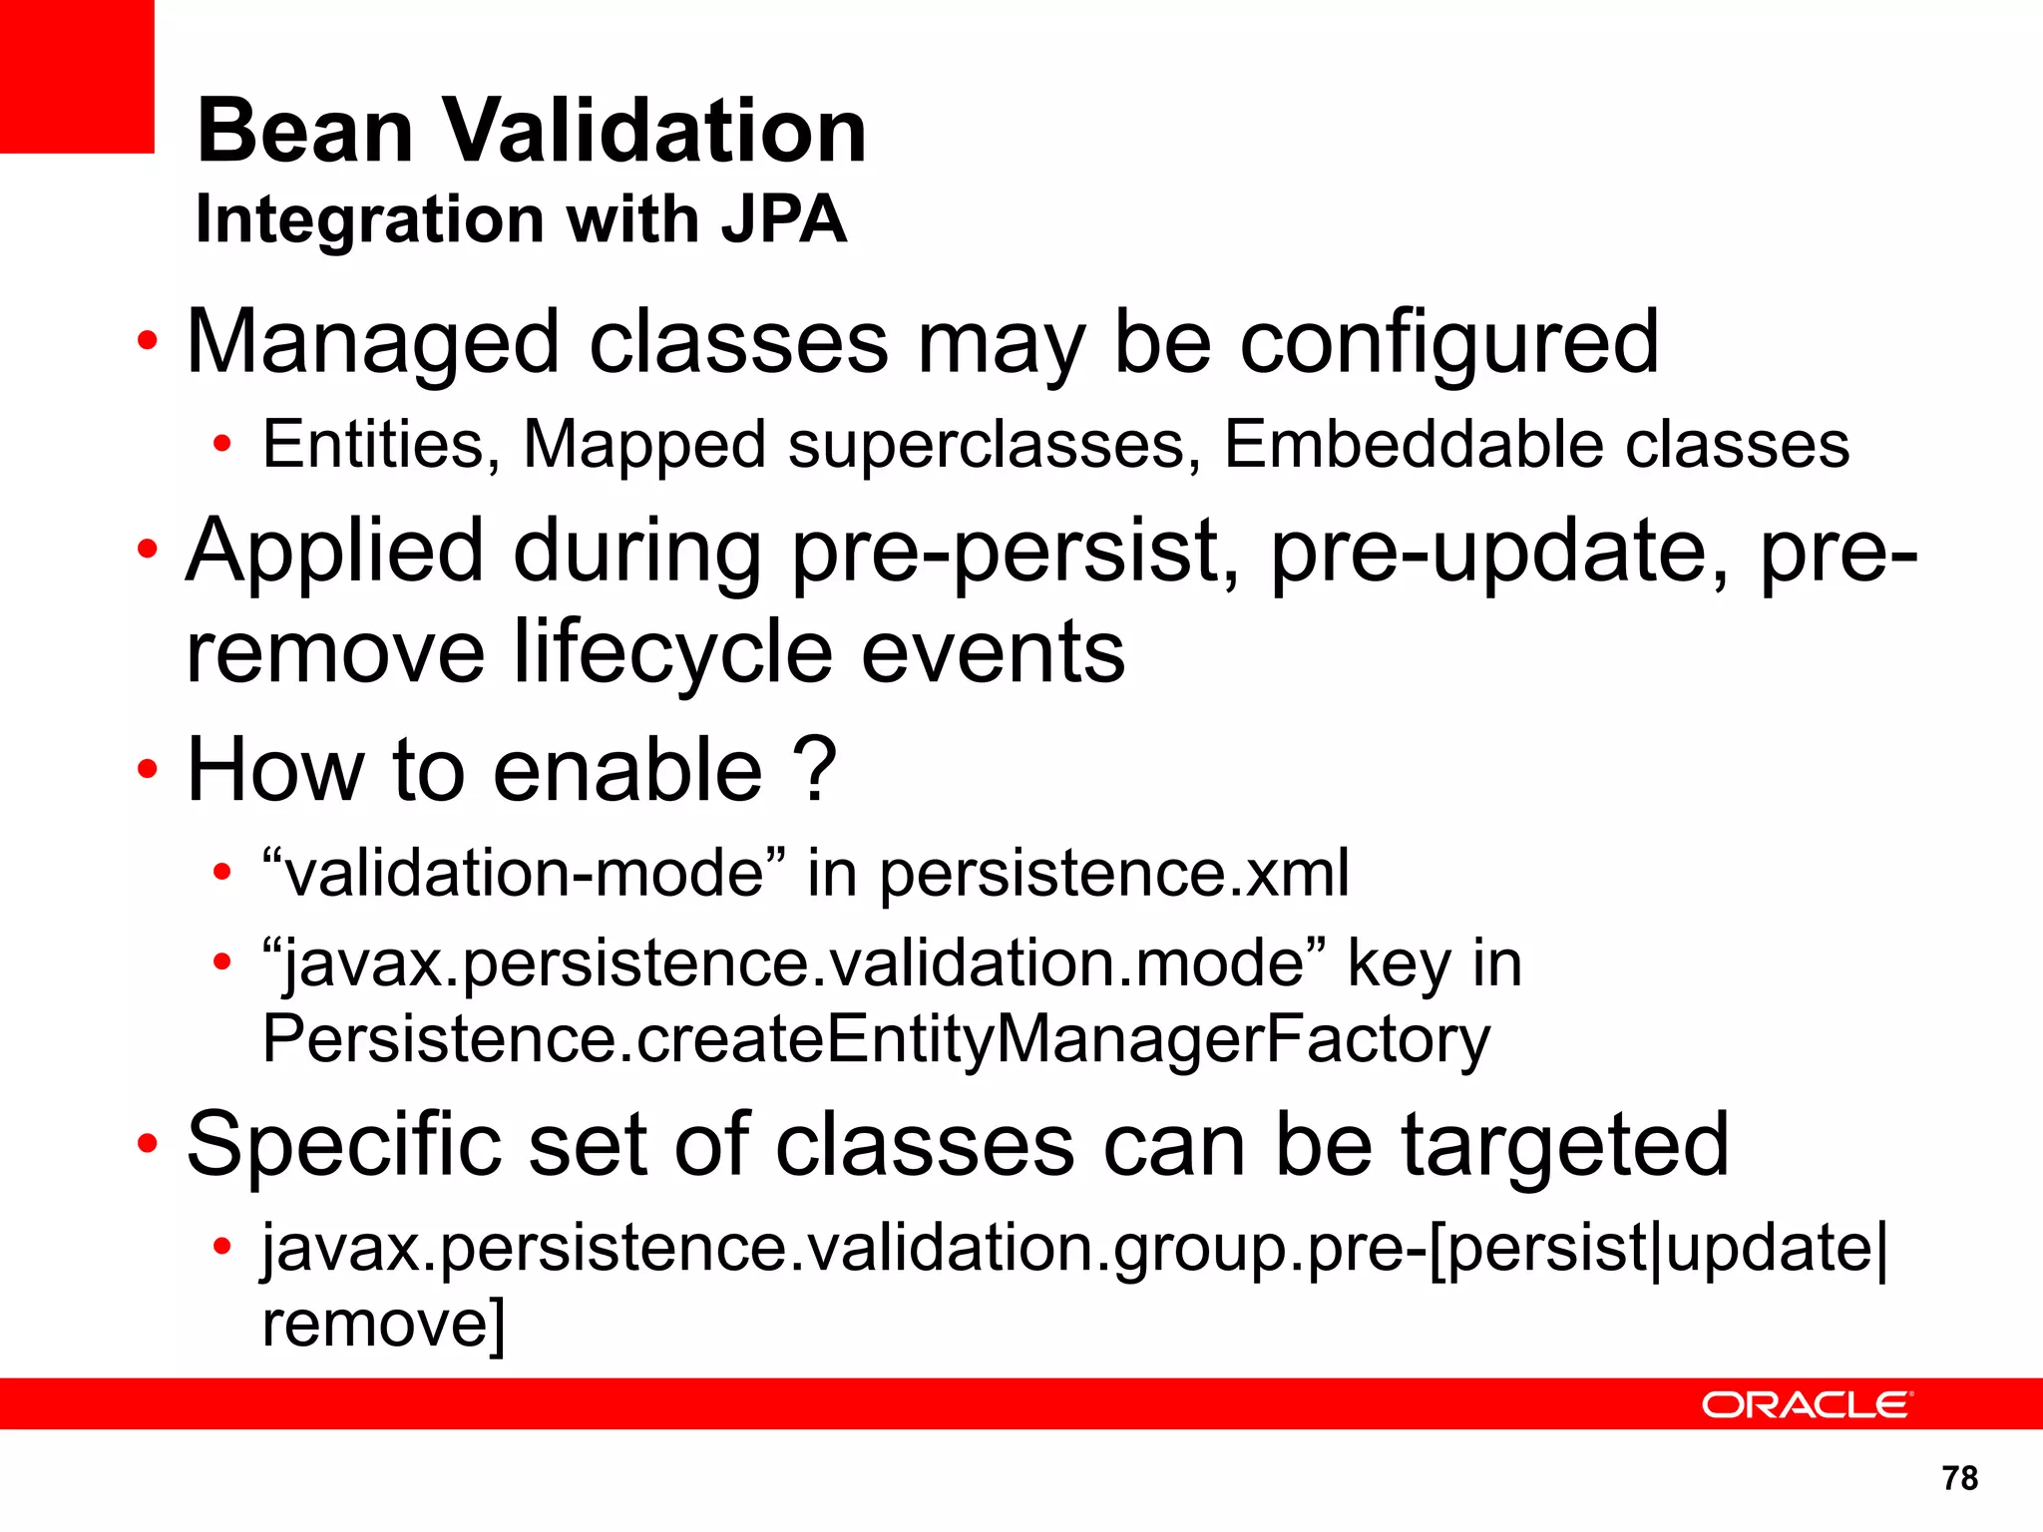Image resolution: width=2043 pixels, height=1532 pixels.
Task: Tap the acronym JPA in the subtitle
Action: click(x=784, y=219)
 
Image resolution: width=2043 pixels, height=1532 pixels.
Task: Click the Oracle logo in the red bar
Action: click(x=1806, y=1404)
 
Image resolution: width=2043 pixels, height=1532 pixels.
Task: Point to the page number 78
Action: click(x=1959, y=1477)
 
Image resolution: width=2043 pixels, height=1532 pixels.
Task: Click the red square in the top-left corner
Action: click(x=76, y=76)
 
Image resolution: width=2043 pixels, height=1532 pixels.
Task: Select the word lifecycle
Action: click(x=673, y=654)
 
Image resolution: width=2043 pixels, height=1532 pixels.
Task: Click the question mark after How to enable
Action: click(x=815, y=769)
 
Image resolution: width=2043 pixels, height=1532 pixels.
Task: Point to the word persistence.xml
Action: click(x=1113, y=875)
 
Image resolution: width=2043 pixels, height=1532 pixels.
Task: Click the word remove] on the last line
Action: click(x=384, y=1324)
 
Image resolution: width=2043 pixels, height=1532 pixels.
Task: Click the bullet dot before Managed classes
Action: click(x=148, y=342)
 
